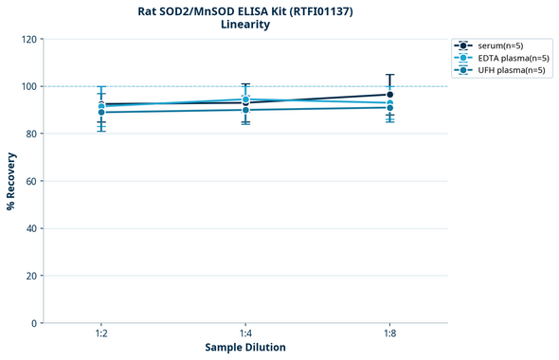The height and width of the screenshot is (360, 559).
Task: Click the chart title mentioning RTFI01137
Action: coord(244,11)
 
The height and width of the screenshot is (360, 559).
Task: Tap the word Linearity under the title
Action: coord(244,26)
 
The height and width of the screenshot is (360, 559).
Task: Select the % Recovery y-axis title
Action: coord(11,181)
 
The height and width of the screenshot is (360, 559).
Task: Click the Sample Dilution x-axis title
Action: coord(245,348)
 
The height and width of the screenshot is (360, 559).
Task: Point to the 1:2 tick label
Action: coord(101,333)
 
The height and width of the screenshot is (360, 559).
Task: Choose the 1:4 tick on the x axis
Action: coord(245,333)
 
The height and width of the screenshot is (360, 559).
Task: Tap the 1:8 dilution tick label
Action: coord(390,333)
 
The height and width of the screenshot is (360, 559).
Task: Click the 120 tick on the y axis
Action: coord(28,39)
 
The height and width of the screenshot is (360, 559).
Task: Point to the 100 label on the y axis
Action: coord(28,86)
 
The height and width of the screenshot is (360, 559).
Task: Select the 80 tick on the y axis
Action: coord(31,134)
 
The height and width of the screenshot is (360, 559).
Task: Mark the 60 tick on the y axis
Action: coord(31,181)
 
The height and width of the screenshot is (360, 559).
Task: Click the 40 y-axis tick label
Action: coord(31,228)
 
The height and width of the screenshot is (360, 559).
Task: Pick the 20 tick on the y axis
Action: coord(31,276)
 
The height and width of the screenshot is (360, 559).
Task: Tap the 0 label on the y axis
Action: coord(34,323)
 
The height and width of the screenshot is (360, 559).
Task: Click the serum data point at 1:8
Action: coord(390,94)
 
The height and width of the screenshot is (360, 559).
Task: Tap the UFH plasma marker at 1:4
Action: coord(245,110)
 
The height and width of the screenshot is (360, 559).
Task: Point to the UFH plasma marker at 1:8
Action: coord(390,107)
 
